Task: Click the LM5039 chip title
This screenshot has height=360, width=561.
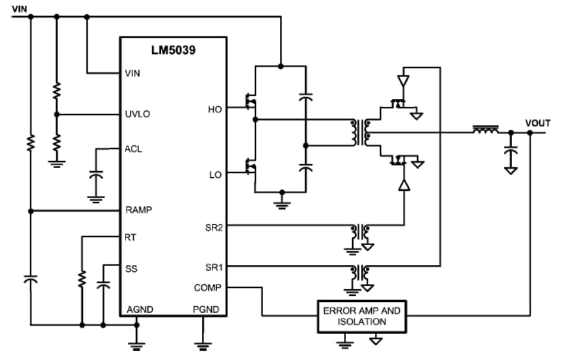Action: coord(173,51)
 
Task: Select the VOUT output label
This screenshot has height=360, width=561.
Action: coord(537,123)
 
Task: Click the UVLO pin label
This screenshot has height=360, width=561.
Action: coord(137,114)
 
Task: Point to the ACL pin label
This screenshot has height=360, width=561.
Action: coord(133,149)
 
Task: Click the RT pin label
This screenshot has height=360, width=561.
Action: coord(130,237)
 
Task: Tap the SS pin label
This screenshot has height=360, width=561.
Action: coord(130,269)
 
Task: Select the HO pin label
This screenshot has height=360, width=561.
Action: coord(215,109)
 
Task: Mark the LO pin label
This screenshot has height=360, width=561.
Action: coord(215,175)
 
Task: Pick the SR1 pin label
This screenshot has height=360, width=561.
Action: coord(214,267)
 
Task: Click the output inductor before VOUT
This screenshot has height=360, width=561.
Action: coord(486,131)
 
